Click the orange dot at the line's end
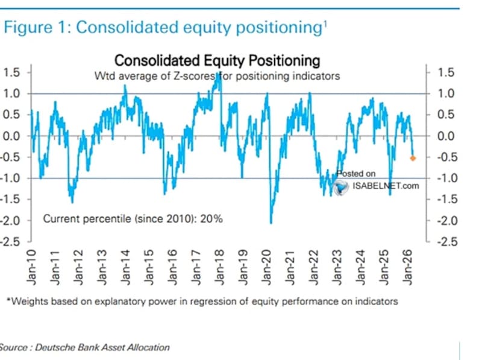pos(413,158)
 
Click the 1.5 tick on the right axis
pos(445,72)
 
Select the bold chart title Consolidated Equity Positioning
pos(217,61)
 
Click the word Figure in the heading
pos(27,28)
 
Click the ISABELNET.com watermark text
pos(386,186)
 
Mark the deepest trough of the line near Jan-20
pos(271,223)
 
